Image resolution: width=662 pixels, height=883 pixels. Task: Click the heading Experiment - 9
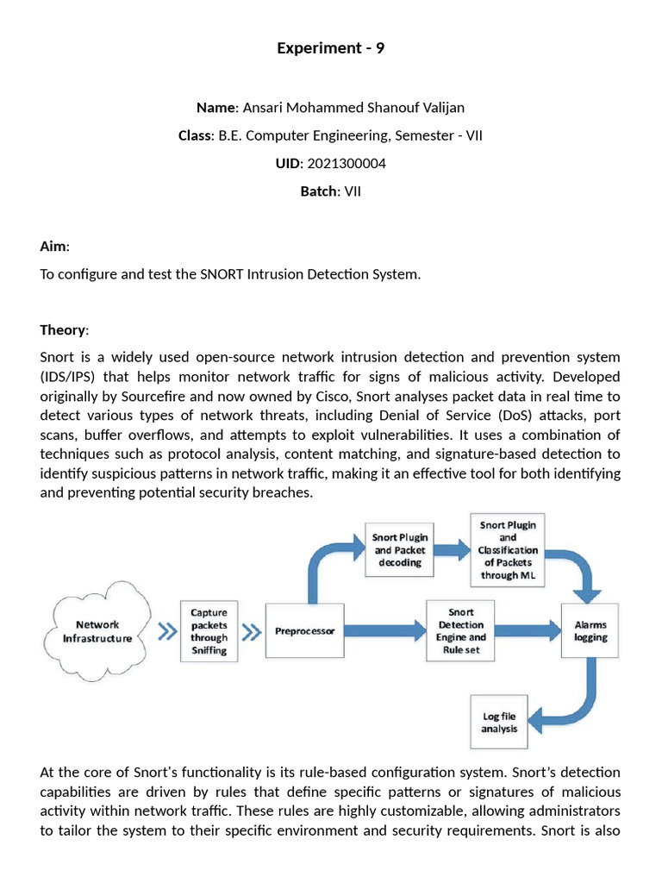(330, 48)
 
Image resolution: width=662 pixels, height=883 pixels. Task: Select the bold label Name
(216, 108)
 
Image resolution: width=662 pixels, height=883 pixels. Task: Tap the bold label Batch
(319, 191)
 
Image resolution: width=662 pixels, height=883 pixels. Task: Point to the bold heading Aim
(53, 247)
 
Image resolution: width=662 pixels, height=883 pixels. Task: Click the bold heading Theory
(63, 330)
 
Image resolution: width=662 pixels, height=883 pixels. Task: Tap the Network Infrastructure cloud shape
(97, 631)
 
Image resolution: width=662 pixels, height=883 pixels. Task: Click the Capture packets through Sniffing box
(209, 631)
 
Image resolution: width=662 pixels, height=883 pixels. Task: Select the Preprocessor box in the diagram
(303, 631)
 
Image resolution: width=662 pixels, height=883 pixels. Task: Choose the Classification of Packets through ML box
(508, 549)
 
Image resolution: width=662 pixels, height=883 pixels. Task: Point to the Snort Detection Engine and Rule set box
(461, 631)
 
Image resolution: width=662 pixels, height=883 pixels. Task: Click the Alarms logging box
(590, 631)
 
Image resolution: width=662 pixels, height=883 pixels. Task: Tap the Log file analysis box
(499, 722)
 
